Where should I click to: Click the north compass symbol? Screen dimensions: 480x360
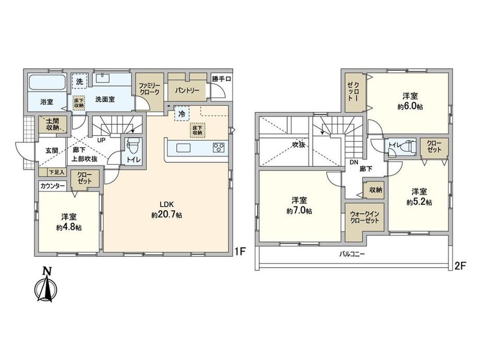tap(46, 285)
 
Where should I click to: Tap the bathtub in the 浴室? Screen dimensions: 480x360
tap(47, 82)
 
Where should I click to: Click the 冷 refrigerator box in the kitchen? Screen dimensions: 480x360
tap(182, 114)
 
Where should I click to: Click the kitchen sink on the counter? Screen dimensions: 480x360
tap(184, 148)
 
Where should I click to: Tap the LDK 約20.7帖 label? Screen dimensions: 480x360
tap(166, 210)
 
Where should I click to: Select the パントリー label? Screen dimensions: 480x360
tap(187, 90)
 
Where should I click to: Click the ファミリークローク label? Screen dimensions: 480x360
tap(149, 89)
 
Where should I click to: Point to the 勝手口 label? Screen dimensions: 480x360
tap(221, 79)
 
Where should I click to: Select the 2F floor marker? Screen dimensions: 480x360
tap(460, 266)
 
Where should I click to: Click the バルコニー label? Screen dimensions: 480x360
tap(352, 254)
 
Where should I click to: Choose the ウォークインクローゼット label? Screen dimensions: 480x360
tap(365, 217)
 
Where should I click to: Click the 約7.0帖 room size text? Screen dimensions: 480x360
tap(299, 211)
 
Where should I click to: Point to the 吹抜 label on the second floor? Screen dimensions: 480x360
tap(298, 145)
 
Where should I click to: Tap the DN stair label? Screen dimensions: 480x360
tap(354, 163)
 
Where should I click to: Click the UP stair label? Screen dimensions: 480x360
tap(101, 140)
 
